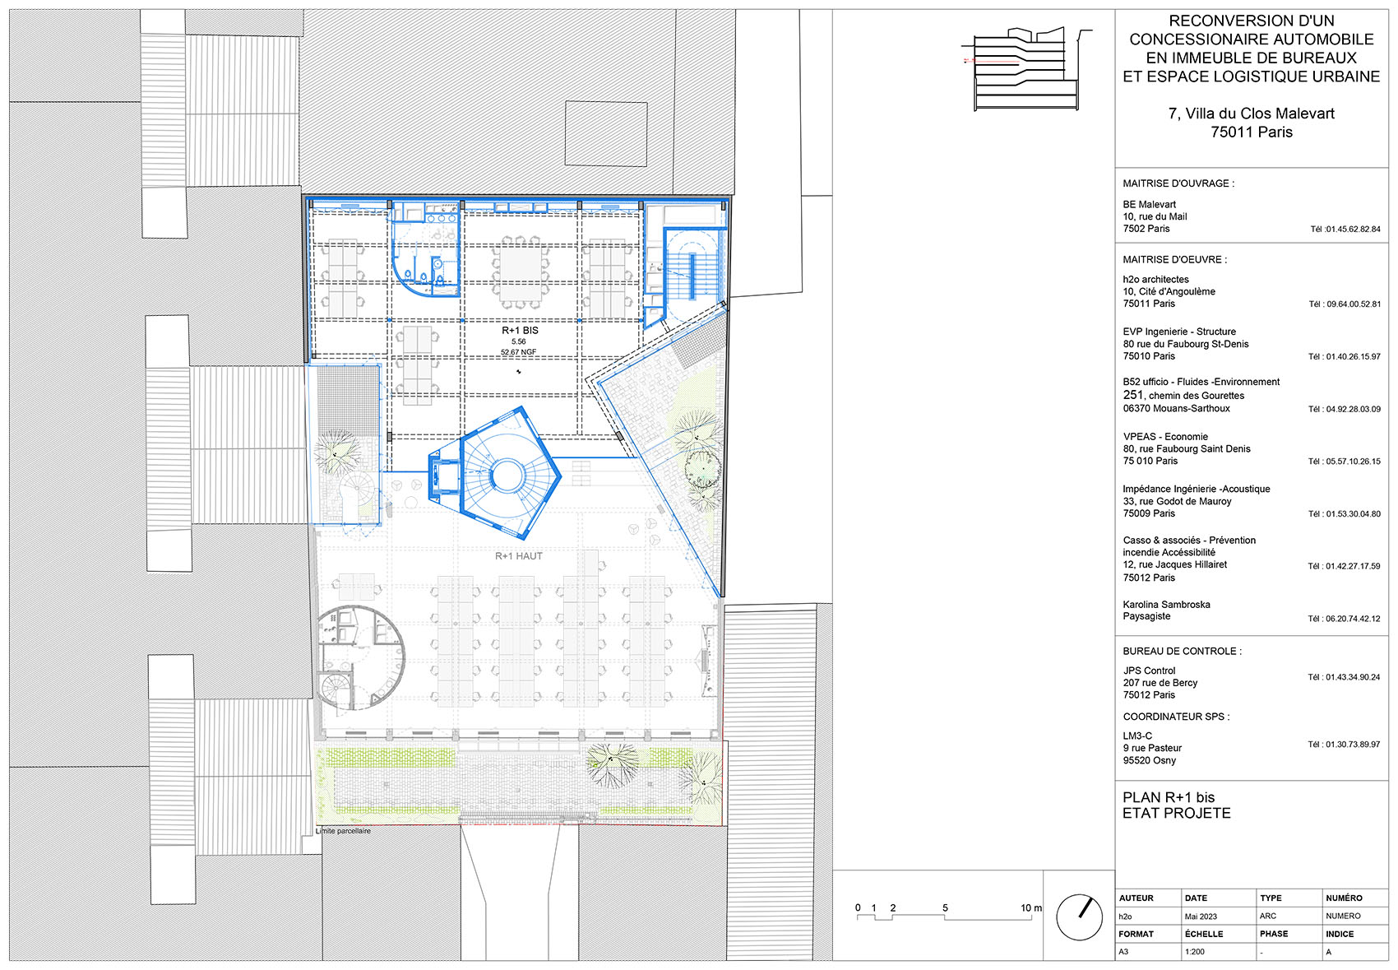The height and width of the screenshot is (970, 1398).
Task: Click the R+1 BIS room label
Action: tap(520, 330)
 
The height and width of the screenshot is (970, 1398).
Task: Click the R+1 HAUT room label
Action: tap(518, 556)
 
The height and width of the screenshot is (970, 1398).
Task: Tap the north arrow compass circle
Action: tap(1079, 917)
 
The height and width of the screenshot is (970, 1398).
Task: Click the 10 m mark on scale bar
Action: tap(1030, 908)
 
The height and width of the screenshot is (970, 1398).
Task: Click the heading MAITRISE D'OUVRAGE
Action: tap(1178, 183)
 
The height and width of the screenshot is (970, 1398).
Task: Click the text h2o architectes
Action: tap(1155, 280)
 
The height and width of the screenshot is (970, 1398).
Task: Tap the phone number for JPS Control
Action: tap(1344, 677)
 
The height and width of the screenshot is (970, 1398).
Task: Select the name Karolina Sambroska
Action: tap(1166, 605)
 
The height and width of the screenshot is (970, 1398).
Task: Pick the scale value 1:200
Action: tap(1194, 952)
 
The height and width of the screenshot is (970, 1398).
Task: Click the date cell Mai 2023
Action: tap(1201, 917)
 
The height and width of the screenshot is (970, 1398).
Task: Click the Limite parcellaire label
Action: tap(344, 831)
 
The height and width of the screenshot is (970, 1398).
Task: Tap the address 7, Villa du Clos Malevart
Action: tap(1251, 114)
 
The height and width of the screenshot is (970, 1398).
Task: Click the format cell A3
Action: tap(1123, 952)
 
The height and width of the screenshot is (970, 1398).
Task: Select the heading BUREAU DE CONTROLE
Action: tap(1182, 651)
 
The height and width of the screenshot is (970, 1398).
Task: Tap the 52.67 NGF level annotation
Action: tap(518, 352)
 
